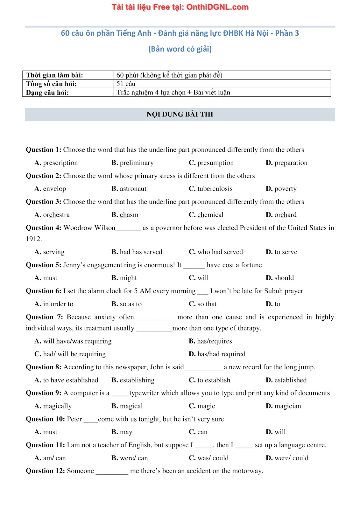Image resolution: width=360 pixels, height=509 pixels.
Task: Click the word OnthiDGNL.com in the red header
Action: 217,7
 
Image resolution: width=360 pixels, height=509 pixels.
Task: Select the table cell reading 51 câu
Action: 126,84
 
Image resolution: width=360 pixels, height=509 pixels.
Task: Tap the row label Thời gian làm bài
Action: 54,75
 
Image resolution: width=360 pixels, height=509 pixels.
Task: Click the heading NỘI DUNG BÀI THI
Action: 180,115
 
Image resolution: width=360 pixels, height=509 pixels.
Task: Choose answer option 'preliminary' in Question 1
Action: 137,163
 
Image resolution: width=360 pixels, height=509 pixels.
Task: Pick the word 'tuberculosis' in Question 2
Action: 215,189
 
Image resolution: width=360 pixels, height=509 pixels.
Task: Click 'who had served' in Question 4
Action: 220,252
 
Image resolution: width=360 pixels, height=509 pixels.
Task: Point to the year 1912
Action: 34,239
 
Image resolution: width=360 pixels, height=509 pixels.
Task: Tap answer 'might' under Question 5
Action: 128,278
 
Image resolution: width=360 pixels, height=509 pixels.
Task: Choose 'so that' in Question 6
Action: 207,304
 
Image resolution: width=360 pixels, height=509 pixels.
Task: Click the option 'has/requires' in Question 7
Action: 215,341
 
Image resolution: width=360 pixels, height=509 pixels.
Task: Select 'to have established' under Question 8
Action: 71,380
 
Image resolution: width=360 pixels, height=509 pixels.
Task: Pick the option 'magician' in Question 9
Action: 288,406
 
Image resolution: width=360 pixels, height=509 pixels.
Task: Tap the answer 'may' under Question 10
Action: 126,432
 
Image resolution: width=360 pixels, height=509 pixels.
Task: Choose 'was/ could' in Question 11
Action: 213,458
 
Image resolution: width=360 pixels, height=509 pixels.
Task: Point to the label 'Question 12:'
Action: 45,471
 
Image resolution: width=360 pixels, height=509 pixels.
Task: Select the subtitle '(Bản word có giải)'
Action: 180,49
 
